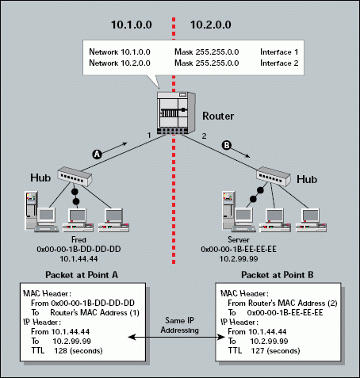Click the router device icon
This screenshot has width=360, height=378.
coord(176,113)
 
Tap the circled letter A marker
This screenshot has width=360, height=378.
coord(97,154)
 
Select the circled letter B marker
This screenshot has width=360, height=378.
coord(227,145)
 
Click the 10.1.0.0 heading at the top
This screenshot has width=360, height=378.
coord(132,25)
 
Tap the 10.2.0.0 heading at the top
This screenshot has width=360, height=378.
coord(211,25)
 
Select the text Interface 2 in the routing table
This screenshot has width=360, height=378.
coord(279,63)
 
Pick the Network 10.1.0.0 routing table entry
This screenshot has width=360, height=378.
coord(120,52)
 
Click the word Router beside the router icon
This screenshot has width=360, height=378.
coord(218,116)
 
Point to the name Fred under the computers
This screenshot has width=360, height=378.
coord(79,239)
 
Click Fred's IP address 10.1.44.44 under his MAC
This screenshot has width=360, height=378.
coord(79,258)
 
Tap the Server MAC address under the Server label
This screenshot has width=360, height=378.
coord(239,249)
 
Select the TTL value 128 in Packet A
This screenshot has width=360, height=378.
coord(60,351)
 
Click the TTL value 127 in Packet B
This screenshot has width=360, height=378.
coord(258,351)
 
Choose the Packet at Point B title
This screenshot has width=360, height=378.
coord(278,275)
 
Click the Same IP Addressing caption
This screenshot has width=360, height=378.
coord(180,325)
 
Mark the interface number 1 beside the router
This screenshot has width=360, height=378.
coord(149,136)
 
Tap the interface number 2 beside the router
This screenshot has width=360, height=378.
coord(204,136)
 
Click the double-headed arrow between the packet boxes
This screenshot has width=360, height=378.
coord(176,337)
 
